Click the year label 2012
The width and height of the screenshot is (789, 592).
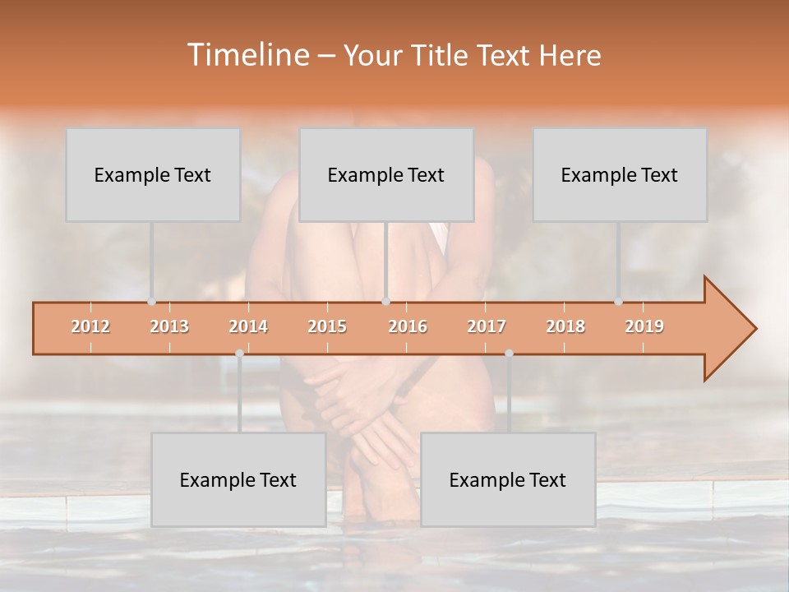(x=90, y=326)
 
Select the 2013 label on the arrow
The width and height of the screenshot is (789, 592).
(x=169, y=326)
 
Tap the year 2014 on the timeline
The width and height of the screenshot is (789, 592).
(x=248, y=326)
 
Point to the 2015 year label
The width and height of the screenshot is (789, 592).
(x=327, y=326)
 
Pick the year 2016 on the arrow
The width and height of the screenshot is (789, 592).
(x=408, y=326)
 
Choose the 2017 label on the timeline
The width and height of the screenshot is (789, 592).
(x=487, y=326)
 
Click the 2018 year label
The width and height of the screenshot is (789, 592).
(x=565, y=326)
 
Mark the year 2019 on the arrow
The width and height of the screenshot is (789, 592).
(x=644, y=326)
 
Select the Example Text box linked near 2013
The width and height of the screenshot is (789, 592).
(x=153, y=174)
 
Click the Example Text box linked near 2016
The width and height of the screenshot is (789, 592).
(x=386, y=174)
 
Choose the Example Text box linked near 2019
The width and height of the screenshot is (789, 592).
(x=620, y=174)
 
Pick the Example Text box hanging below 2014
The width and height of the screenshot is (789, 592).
(x=238, y=479)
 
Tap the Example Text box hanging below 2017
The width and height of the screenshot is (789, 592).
(x=508, y=479)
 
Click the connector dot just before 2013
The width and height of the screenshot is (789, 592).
(x=151, y=302)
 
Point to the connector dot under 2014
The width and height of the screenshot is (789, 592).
(x=239, y=354)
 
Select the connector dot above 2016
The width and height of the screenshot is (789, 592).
(x=386, y=302)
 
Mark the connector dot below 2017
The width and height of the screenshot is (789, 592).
(x=509, y=354)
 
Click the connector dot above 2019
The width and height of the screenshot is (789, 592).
(x=619, y=302)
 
